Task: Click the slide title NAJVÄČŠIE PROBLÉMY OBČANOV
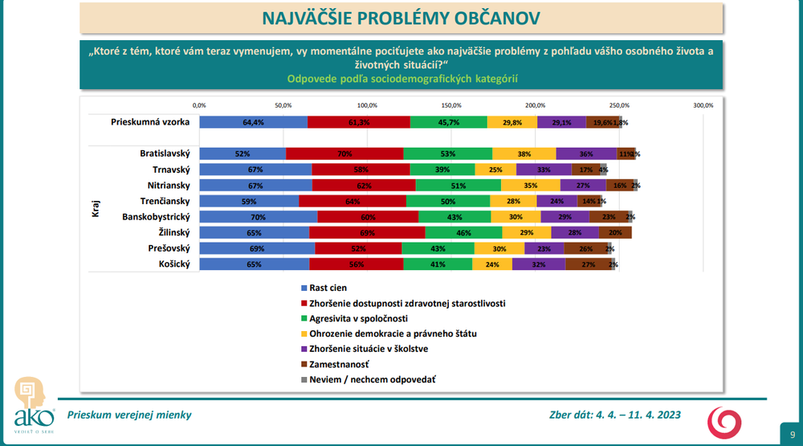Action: [x=400, y=18]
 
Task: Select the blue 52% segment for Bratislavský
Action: [x=243, y=153]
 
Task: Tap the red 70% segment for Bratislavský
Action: [x=344, y=153]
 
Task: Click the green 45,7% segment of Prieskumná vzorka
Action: [x=448, y=122]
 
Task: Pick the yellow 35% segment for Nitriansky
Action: [x=531, y=186]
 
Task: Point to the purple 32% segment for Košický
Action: [x=538, y=264]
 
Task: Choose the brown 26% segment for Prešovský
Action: [x=585, y=248]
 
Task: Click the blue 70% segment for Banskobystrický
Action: [x=258, y=217]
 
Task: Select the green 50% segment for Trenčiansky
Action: [x=448, y=201]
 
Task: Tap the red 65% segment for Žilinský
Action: [x=367, y=232]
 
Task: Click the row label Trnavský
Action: [x=171, y=170]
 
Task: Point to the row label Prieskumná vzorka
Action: [x=150, y=122]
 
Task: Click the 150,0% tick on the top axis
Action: [x=451, y=105]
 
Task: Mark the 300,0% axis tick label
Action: [x=703, y=105]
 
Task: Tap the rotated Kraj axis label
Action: [x=95, y=209]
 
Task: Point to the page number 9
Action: [x=793, y=434]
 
